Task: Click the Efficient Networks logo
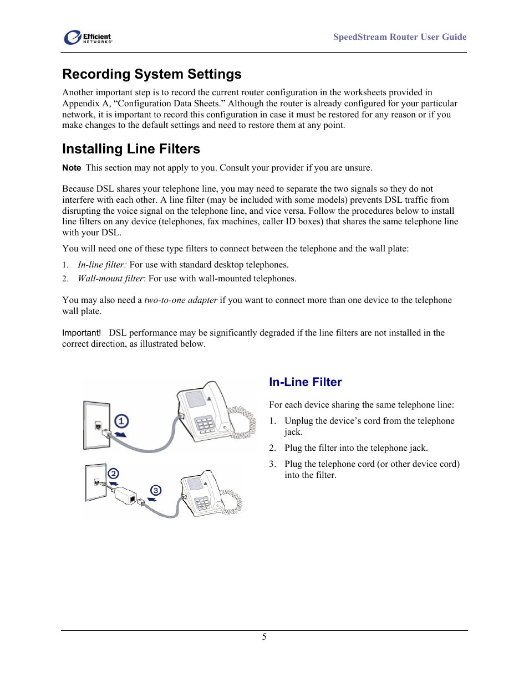coord(88,38)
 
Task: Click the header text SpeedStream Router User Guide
coord(399,37)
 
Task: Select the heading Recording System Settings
coord(151,74)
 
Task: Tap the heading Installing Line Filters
coord(131,149)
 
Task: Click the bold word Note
coord(72,168)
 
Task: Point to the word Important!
coord(82,333)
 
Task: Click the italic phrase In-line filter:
coord(102,265)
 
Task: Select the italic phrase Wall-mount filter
coord(110,279)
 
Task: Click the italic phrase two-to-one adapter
coord(181,300)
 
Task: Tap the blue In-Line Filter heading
coord(305,382)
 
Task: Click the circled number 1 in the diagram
coord(121,421)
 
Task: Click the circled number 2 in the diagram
coord(113,474)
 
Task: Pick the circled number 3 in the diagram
coord(156,490)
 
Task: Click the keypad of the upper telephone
coord(205,424)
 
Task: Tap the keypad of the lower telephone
coord(202,503)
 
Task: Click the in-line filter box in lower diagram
coord(126,495)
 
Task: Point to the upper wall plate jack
coord(98,426)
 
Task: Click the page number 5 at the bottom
coord(264,637)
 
